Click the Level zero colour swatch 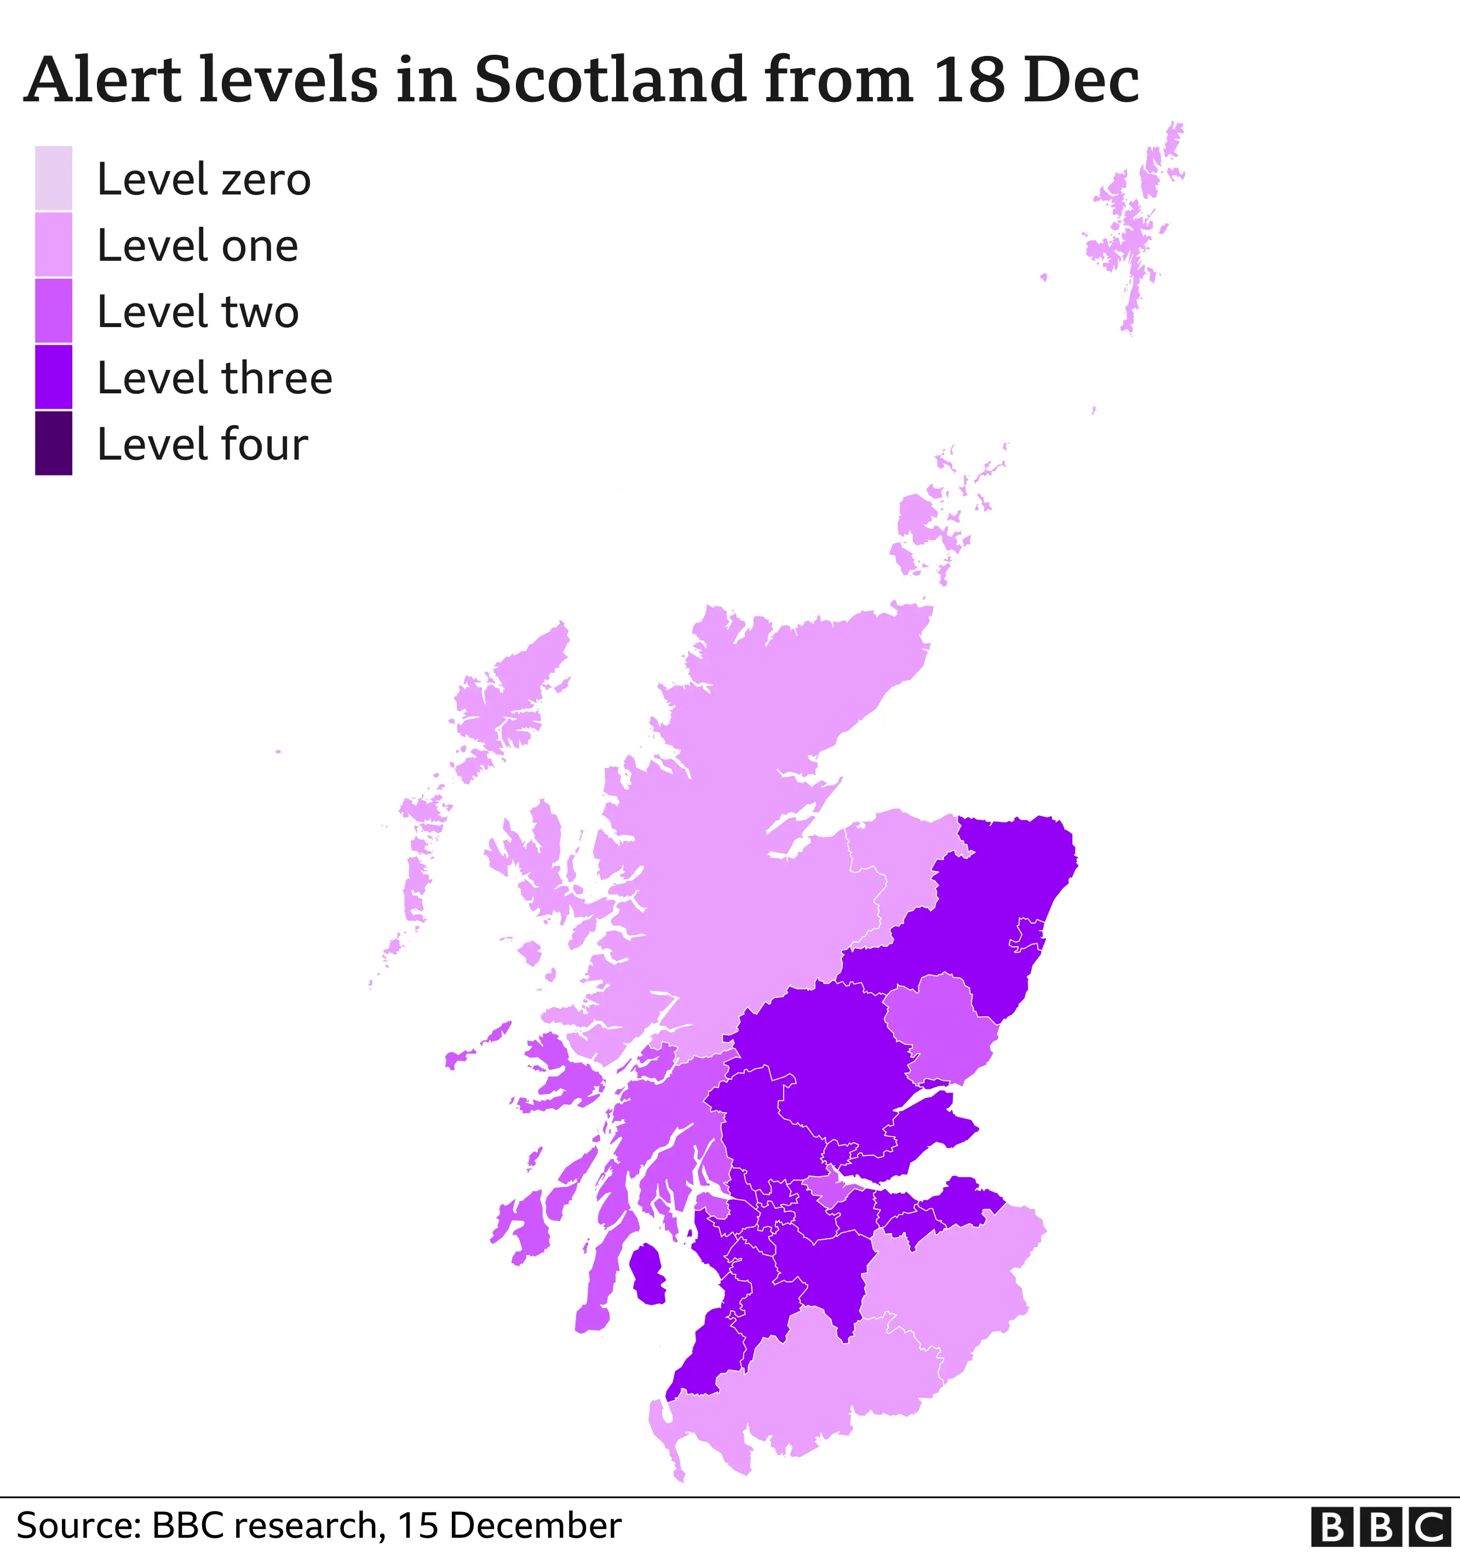53,178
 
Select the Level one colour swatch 53,244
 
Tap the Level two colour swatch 53,311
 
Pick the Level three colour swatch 53,377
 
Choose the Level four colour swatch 53,443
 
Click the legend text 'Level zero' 204,180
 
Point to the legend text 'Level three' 215,379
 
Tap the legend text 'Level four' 202,444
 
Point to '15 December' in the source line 509,1525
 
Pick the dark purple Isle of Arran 646,1274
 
